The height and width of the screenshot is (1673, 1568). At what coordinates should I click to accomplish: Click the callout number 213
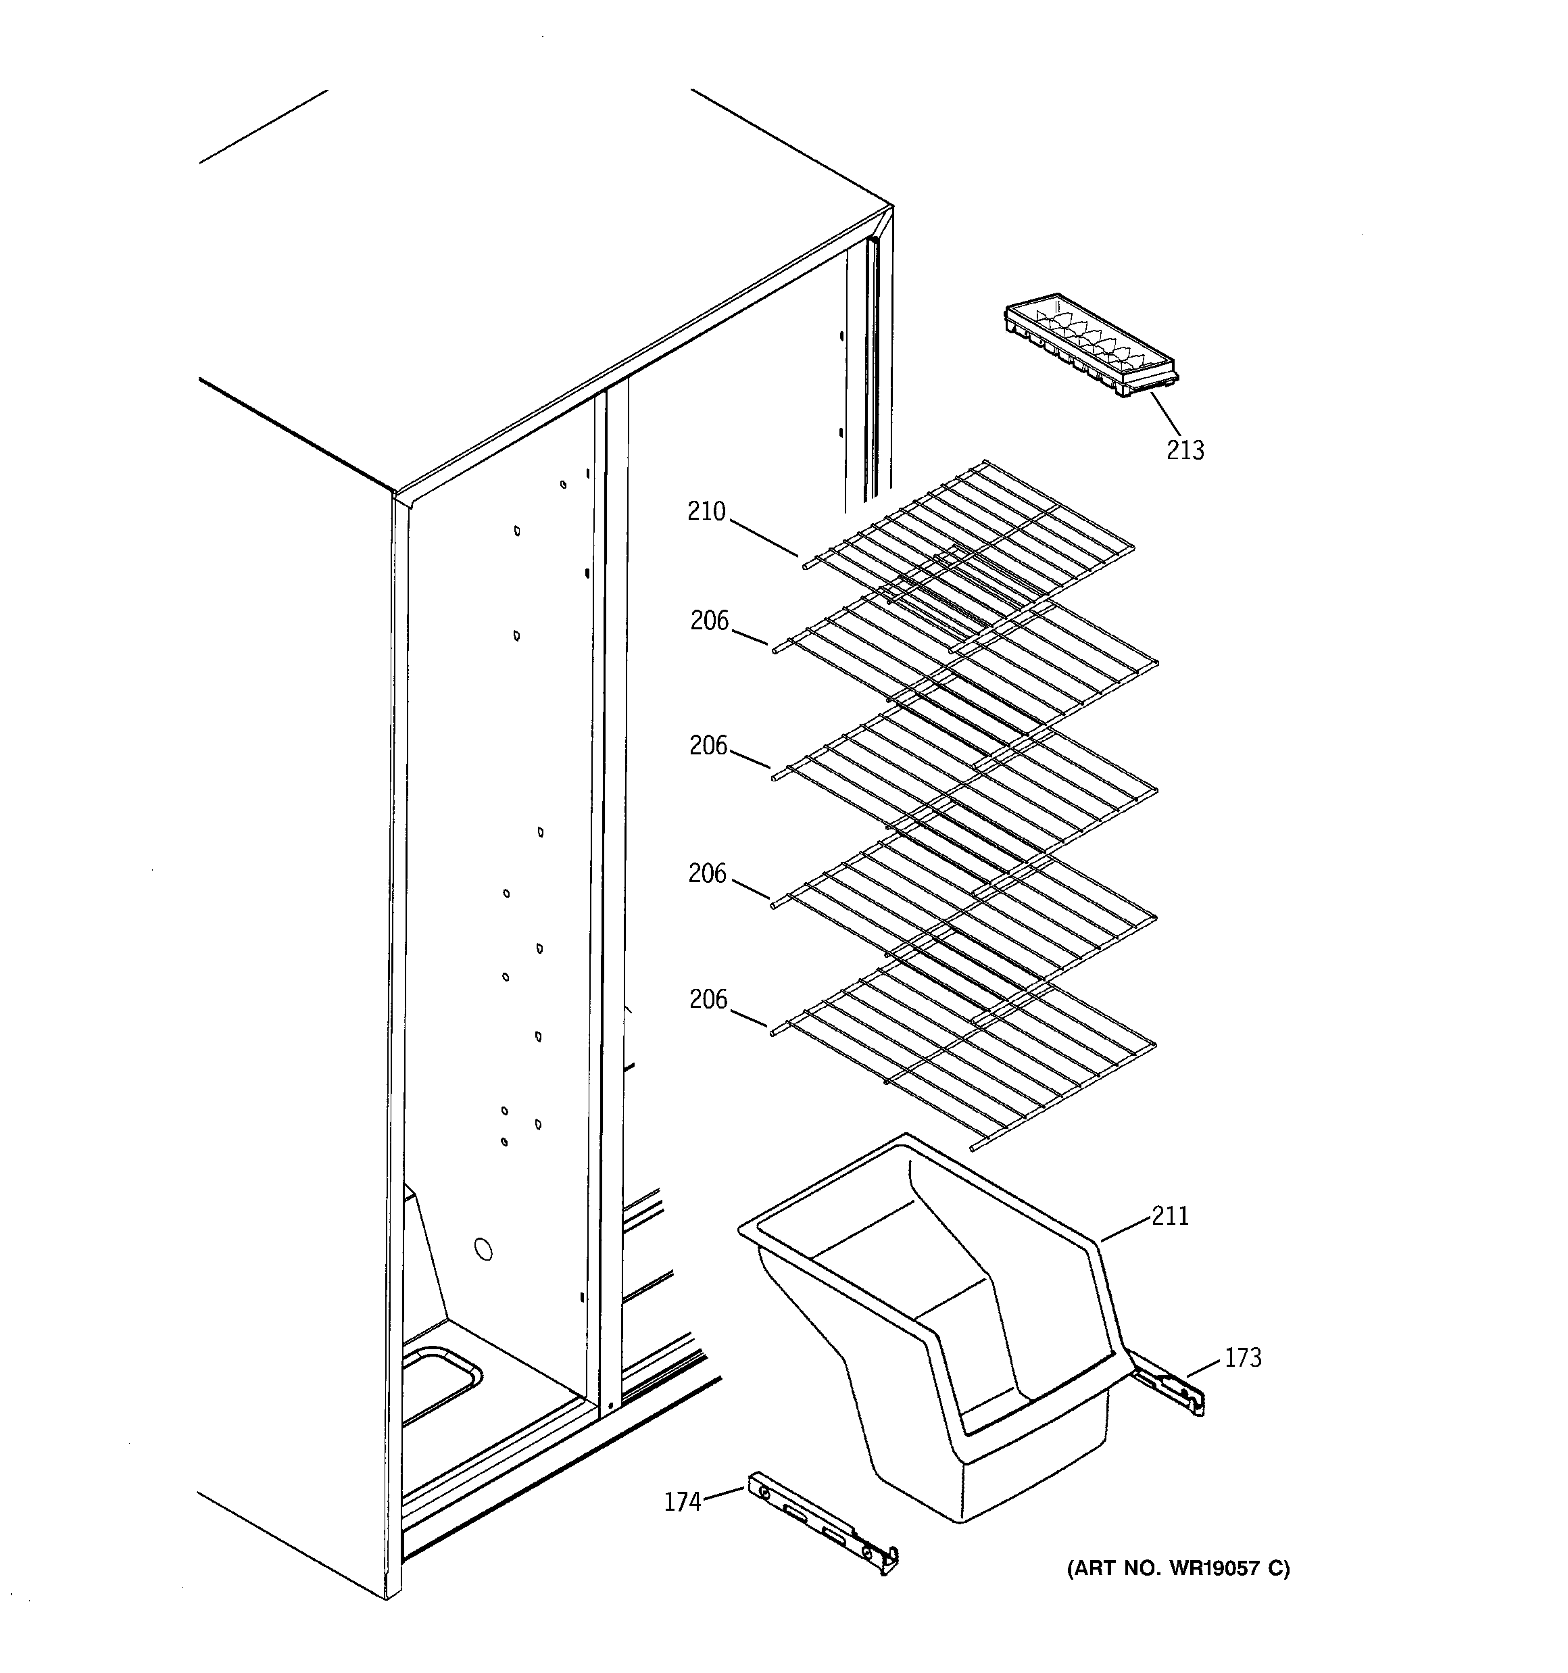1184,450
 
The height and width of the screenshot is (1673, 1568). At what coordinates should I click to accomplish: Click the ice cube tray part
1091,346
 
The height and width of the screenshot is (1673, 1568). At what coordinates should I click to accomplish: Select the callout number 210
706,511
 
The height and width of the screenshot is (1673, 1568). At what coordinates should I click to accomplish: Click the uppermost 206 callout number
709,621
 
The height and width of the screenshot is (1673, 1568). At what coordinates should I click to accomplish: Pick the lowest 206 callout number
708,999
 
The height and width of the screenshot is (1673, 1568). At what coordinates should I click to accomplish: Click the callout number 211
1170,1215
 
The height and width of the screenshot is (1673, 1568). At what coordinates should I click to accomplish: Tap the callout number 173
1242,1357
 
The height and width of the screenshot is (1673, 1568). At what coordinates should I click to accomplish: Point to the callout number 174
682,1502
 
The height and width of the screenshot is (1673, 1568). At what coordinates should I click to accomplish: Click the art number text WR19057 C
1177,1568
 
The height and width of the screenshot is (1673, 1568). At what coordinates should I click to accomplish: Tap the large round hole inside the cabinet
483,1250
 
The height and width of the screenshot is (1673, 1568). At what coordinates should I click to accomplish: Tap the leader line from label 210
763,539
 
